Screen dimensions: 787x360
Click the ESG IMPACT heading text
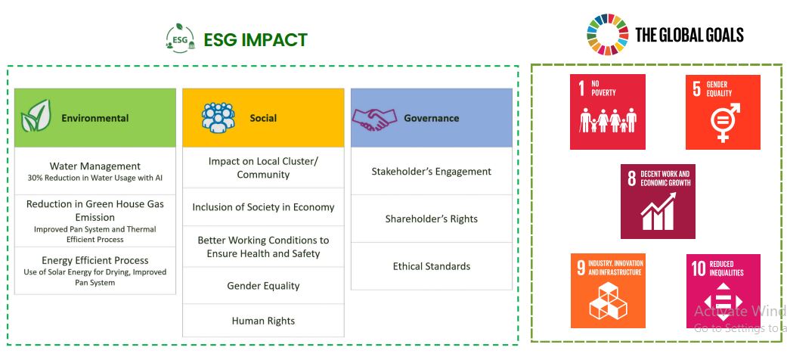click(256, 39)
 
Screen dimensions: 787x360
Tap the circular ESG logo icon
click(180, 38)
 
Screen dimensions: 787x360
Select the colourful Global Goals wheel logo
click(607, 34)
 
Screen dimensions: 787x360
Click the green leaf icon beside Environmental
click(36, 116)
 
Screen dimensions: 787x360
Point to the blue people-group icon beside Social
click(218, 117)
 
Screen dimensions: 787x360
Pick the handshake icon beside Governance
click(374, 119)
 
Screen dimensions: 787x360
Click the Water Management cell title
click(95, 166)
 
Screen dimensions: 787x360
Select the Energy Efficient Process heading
click(95, 260)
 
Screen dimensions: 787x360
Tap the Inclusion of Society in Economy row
click(264, 207)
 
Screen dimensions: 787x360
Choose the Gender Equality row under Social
click(264, 286)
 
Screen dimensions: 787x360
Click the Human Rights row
click(264, 321)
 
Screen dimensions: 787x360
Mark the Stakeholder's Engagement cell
click(432, 171)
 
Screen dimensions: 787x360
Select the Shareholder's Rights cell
click(432, 219)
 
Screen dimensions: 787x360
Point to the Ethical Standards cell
click(432, 266)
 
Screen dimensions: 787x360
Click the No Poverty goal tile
click(607, 112)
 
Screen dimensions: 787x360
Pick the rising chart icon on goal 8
click(658, 210)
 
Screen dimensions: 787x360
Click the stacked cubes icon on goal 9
click(608, 300)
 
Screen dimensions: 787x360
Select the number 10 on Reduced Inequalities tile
click(699, 268)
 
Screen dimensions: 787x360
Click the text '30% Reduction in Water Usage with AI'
click(95, 178)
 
